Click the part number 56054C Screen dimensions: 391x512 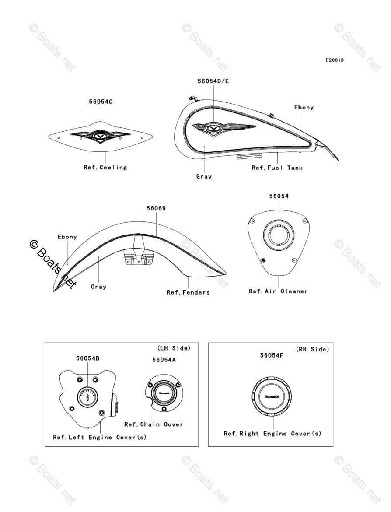[x=101, y=102]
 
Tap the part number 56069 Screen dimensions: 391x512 [x=156, y=208]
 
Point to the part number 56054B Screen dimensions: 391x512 [x=87, y=358]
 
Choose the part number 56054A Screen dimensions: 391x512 [x=164, y=359]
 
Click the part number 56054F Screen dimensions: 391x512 [x=272, y=355]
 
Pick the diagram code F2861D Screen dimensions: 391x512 [x=334, y=60]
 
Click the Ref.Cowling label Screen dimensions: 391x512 [x=105, y=167]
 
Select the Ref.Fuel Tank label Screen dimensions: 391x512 [x=277, y=168]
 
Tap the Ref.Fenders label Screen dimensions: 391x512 [x=188, y=292]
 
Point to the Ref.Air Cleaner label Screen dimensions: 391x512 [x=278, y=291]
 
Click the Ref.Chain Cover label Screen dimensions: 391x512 [x=154, y=424]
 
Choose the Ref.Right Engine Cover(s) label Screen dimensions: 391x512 [x=272, y=433]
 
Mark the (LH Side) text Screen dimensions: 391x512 [x=174, y=348]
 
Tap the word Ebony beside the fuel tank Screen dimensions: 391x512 [x=304, y=107]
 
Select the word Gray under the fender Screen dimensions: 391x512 [x=98, y=287]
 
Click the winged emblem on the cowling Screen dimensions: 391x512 [x=100, y=136]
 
